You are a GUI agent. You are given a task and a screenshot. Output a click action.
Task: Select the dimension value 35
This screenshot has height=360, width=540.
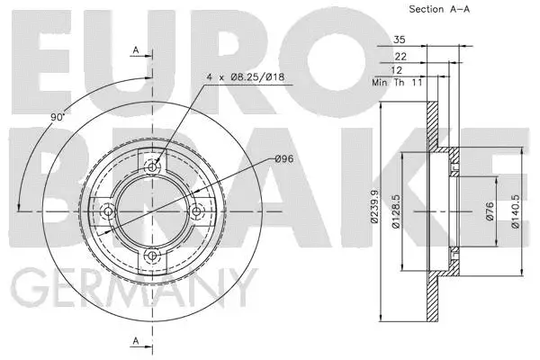tap(399, 40)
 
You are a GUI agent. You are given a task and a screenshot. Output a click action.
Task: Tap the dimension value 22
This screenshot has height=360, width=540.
tap(400, 55)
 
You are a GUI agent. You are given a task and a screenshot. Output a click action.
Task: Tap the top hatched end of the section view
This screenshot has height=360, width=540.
tap(431, 121)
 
